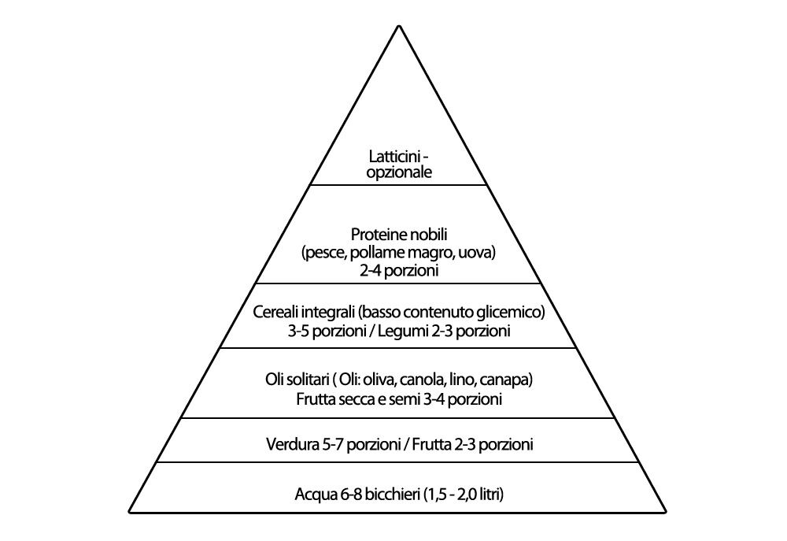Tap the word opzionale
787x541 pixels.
click(x=399, y=172)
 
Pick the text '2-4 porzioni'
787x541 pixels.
click(x=399, y=271)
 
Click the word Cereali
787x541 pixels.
click(x=275, y=312)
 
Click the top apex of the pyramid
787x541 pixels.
click(x=399, y=26)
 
